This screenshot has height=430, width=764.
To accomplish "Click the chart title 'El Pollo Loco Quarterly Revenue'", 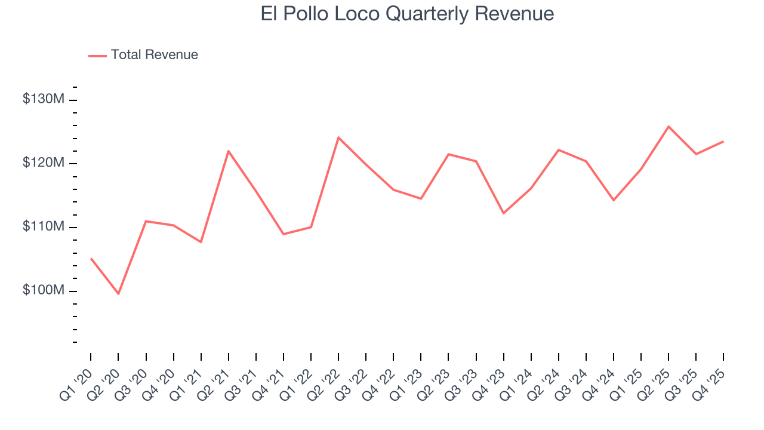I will (x=407, y=14).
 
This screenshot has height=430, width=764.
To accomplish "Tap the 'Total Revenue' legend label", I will (x=154, y=55).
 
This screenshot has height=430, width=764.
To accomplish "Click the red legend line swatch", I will (x=97, y=56).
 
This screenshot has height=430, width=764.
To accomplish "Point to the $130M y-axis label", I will (x=43, y=99).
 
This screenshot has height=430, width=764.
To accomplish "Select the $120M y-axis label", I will (x=43, y=163).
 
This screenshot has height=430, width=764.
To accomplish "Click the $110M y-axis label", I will (x=43, y=227).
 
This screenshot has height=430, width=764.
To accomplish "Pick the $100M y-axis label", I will (x=43, y=291).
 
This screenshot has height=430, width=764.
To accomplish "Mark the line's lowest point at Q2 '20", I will (x=118, y=294).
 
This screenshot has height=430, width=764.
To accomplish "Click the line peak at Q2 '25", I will (x=668, y=127).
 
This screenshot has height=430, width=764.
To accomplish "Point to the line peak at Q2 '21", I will (x=229, y=150).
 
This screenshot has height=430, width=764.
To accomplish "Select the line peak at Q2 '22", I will (x=338, y=137).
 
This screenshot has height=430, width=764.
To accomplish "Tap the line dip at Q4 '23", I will (x=503, y=213).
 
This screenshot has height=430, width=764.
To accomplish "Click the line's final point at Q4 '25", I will (x=723, y=142).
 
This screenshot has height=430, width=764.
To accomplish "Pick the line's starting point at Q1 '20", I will (x=91, y=259).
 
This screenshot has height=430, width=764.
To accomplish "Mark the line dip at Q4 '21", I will (x=284, y=234).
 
